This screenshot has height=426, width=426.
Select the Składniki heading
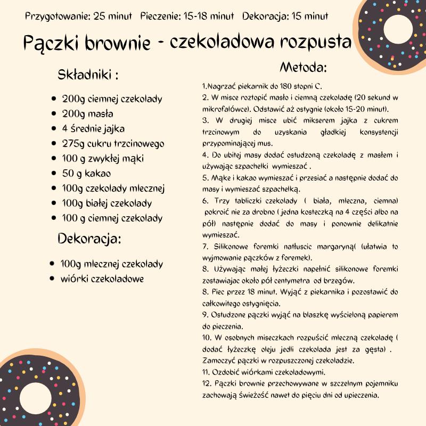click(88, 75)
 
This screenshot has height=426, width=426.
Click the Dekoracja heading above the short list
click(89, 239)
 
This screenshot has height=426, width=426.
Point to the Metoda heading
click(303, 68)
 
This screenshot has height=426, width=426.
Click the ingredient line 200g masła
click(87, 114)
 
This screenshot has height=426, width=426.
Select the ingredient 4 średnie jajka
click(93, 129)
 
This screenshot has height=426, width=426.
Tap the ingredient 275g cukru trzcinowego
click(113, 144)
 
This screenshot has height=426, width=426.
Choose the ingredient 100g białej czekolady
click(106, 203)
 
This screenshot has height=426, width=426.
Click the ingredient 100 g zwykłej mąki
click(103, 159)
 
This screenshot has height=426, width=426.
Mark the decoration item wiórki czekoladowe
click(102, 278)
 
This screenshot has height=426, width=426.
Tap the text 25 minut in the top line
click(113, 16)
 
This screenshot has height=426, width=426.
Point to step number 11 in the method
click(206, 372)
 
